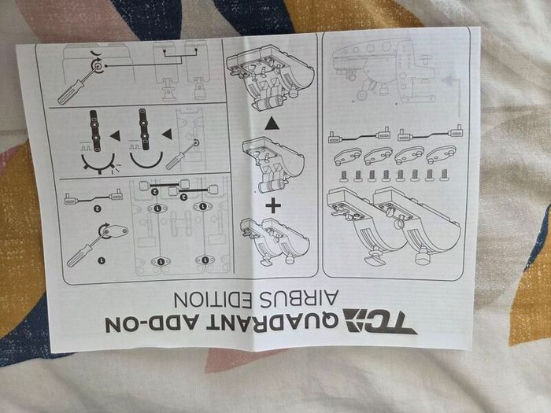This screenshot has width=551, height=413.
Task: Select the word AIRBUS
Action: (x=299, y=298)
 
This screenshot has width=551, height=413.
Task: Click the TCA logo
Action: (x=379, y=320)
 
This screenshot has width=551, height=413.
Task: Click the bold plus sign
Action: (x=273, y=205)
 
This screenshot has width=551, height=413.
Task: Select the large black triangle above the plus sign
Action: (x=272, y=124)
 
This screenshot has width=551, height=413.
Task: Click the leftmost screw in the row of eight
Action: (x=344, y=175)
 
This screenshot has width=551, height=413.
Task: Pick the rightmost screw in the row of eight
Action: (x=444, y=175)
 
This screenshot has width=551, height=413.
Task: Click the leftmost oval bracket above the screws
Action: (x=346, y=157)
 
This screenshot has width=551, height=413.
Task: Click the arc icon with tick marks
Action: (x=98, y=164)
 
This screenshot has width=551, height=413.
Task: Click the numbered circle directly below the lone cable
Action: (x=98, y=209)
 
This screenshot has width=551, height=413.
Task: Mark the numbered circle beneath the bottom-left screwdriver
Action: (x=102, y=260)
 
